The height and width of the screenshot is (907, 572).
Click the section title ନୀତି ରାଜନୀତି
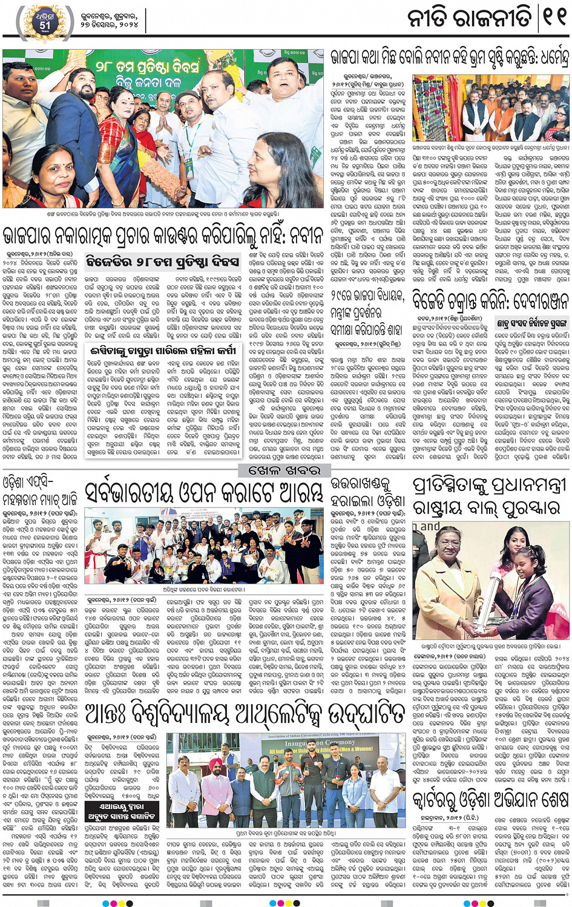point(469,19)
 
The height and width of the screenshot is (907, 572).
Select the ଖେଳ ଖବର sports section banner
point(286,470)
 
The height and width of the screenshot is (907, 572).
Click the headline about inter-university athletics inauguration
point(245,714)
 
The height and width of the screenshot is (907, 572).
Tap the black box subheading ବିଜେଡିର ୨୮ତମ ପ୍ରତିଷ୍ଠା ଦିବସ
point(163,262)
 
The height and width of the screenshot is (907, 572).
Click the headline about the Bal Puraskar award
point(490,495)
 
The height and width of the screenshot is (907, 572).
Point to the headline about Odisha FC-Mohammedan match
point(40,492)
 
